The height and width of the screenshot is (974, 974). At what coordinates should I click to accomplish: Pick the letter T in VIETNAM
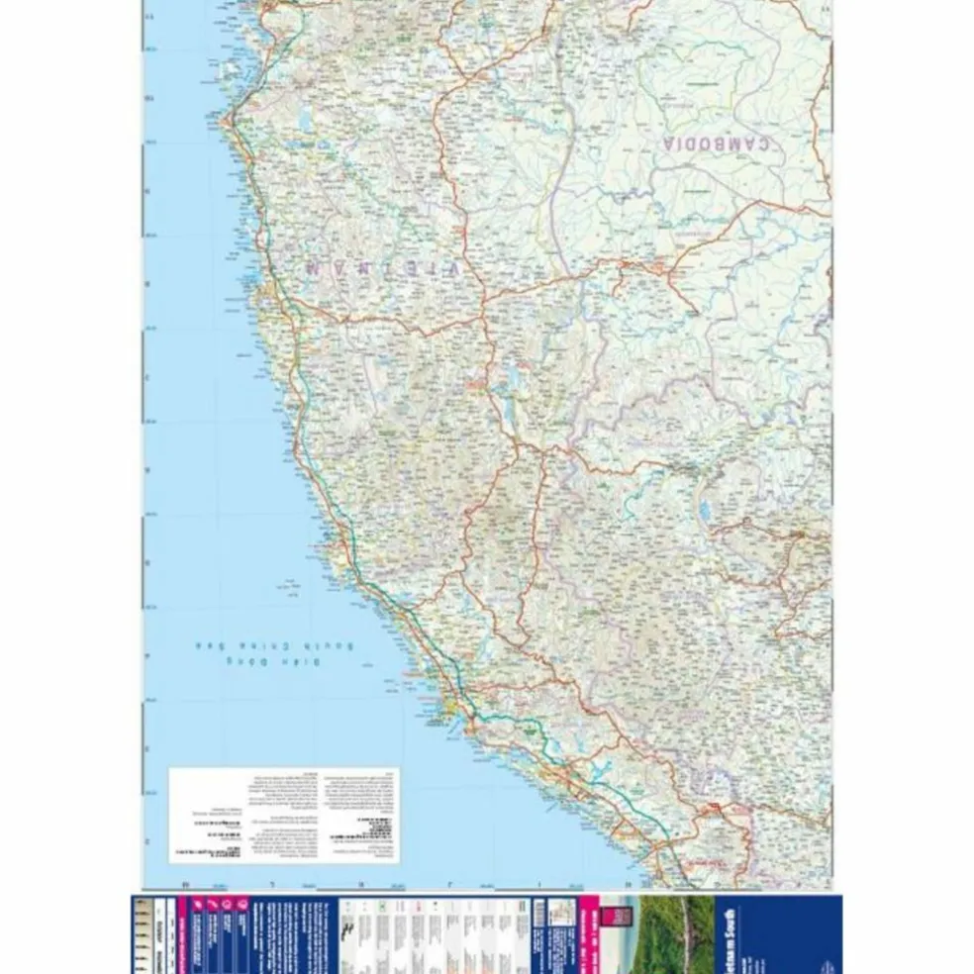click(403, 268)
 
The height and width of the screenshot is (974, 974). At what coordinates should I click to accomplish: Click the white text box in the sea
click(283, 815)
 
